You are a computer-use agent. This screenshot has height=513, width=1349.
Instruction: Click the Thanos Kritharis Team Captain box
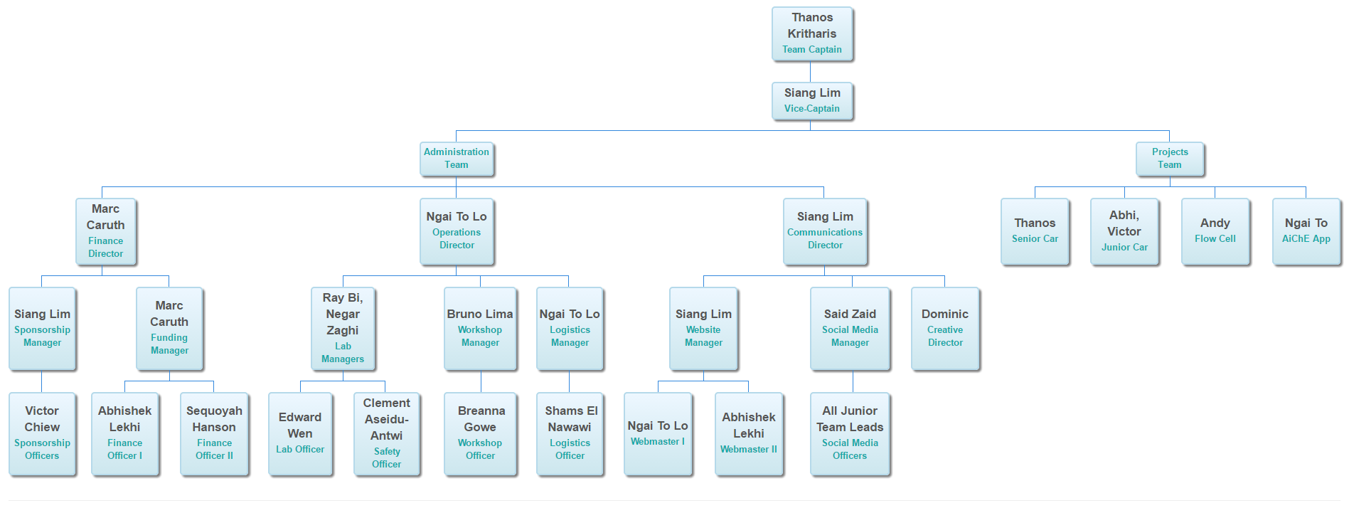coord(812,33)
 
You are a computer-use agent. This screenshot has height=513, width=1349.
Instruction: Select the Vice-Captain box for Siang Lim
coord(812,100)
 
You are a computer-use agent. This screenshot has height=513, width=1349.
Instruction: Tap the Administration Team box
coord(457,159)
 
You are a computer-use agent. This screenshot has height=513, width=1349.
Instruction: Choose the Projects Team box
coord(1170,159)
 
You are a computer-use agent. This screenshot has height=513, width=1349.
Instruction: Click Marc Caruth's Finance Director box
coord(106,231)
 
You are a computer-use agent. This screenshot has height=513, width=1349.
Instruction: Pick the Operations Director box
coord(457,231)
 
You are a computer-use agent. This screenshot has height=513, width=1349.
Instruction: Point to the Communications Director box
coord(825,231)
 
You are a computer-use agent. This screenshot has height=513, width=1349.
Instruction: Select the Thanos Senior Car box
coord(1035,231)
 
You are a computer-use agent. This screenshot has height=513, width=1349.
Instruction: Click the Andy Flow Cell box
coord(1215,231)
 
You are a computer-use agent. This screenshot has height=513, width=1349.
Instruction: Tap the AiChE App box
coord(1306,231)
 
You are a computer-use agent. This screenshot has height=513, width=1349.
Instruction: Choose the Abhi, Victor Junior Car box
coord(1124,231)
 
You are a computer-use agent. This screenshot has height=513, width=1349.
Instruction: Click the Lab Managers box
coord(343,328)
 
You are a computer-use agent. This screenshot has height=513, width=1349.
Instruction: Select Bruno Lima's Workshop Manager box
coord(480,328)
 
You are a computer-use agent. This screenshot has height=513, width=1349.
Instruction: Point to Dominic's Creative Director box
coord(945,328)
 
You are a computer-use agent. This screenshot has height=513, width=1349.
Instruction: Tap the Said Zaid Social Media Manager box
coord(850,328)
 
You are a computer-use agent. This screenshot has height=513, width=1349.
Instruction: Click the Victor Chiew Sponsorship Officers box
coord(42,433)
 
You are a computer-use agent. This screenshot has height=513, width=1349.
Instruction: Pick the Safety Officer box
coord(387,433)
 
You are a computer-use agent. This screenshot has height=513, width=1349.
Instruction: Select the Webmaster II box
coord(749,433)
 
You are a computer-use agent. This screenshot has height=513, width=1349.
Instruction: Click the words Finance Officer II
coord(214,449)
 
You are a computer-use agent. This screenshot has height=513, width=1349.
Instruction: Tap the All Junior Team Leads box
coord(850,433)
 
